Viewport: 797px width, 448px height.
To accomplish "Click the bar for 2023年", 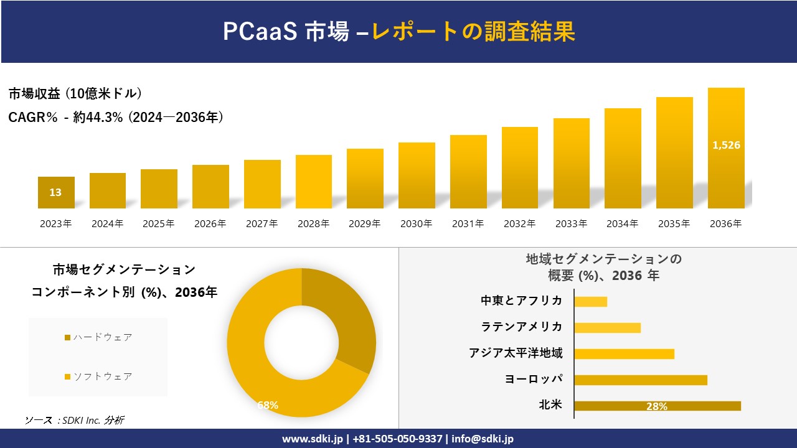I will pyautogui.click(x=56, y=193).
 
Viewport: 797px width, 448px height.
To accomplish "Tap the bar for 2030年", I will pyautogui.click(x=417, y=175).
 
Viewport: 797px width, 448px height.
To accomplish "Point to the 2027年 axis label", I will pyautogui.click(x=262, y=224).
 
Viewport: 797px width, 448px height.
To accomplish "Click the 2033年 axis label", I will pyautogui.click(x=571, y=224).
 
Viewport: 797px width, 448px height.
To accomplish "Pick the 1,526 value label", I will pyautogui.click(x=726, y=145).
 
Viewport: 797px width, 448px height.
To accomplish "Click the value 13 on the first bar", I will pyautogui.click(x=55, y=192).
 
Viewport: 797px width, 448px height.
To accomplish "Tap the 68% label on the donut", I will pyautogui.click(x=268, y=405).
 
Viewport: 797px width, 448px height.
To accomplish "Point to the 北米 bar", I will pyautogui.click(x=657, y=406).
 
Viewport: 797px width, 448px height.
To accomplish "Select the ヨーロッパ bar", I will pyautogui.click(x=640, y=380).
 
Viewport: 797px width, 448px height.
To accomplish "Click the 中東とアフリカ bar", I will pyautogui.click(x=590, y=302).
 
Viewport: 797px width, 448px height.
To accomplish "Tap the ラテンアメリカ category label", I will pyautogui.click(x=522, y=327).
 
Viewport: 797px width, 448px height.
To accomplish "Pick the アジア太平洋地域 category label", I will pyautogui.click(x=516, y=353).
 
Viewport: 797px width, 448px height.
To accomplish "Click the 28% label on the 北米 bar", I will pyautogui.click(x=657, y=406).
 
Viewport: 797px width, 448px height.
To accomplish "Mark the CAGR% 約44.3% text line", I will pyautogui.click(x=116, y=117).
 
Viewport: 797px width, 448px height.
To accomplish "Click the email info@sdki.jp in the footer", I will pyautogui.click(x=483, y=439).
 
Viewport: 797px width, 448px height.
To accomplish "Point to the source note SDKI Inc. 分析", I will pyautogui.click(x=74, y=421).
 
